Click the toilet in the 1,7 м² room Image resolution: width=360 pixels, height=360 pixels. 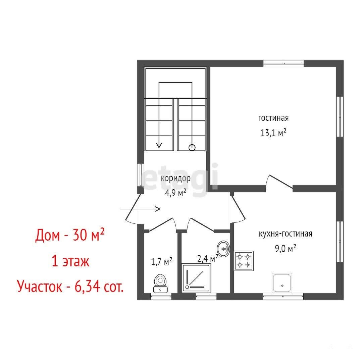click(x=161, y=283)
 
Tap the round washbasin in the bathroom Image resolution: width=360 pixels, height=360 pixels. click(x=223, y=249)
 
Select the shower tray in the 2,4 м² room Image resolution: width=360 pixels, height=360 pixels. click(x=196, y=278)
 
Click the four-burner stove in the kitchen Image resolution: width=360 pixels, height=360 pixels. click(x=244, y=261)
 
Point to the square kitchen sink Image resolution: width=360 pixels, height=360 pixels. click(x=282, y=282)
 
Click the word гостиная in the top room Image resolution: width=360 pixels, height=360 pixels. click(x=273, y=118)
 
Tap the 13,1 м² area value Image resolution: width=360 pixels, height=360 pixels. click(x=273, y=133)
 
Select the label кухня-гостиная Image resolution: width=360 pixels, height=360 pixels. click(x=286, y=234)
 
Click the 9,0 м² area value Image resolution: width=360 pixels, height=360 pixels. click(x=286, y=248)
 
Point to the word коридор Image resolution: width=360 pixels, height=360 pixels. click(x=175, y=178)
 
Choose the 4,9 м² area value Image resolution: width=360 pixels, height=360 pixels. click(x=175, y=193)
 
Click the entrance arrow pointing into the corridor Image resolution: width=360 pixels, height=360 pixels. click(x=140, y=209)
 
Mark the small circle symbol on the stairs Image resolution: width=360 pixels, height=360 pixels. click(x=192, y=148)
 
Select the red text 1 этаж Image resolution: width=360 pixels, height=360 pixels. click(x=70, y=261)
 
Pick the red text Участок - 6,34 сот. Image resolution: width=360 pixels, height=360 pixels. click(x=70, y=286)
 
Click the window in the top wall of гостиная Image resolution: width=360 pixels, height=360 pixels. click(x=284, y=64)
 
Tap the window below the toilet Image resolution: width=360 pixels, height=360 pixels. click(x=161, y=296)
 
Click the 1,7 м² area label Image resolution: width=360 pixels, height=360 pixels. click(x=162, y=261)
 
